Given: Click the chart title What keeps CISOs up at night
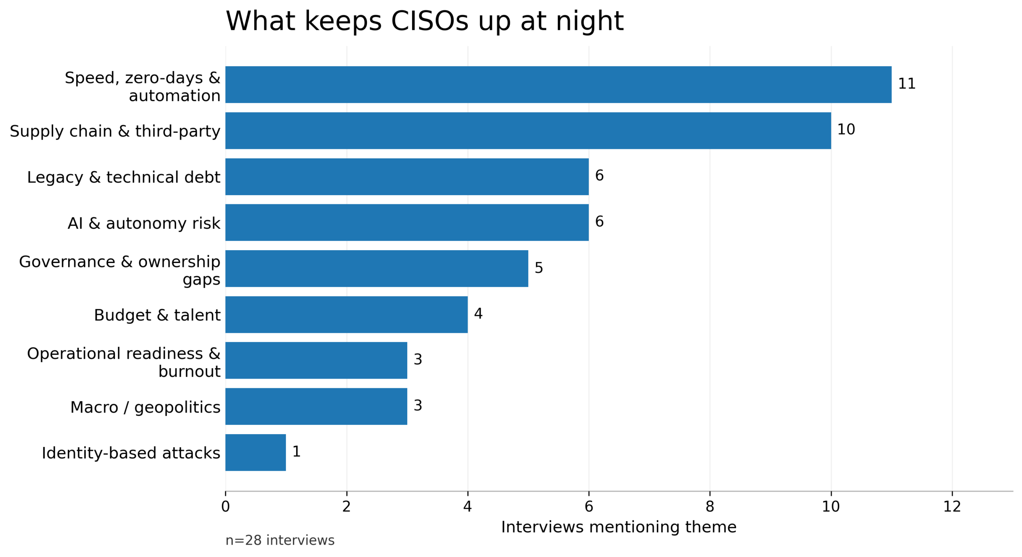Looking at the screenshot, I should click(x=424, y=21).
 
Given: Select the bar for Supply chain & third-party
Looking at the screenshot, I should click(x=528, y=130).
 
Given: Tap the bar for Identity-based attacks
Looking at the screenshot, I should click(x=255, y=452).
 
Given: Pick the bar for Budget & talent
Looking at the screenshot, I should click(x=346, y=314).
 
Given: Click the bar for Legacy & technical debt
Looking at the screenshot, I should click(x=406, y=176).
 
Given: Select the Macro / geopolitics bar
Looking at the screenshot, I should click(x=316, y=406).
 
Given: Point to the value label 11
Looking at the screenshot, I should click(x=906, y=84).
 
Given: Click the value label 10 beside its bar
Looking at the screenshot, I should click(x=846, y=130).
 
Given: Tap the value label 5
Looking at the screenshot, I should click(x=539, y=268).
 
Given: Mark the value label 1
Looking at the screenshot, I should click(x=296, y=451).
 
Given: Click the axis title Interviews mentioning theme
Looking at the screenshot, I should click(x=618, y=527).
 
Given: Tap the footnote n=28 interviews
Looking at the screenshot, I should click(x=280, y=540).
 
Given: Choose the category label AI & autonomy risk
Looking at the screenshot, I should click(x=144, y=223).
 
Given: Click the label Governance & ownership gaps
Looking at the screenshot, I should click(x=120, y=270).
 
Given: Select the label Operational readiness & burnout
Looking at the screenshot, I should click(x=124, y=362).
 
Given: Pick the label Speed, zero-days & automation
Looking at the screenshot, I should click(x=143, y=86).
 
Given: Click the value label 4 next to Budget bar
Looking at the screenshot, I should click(x=478, y=314).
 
